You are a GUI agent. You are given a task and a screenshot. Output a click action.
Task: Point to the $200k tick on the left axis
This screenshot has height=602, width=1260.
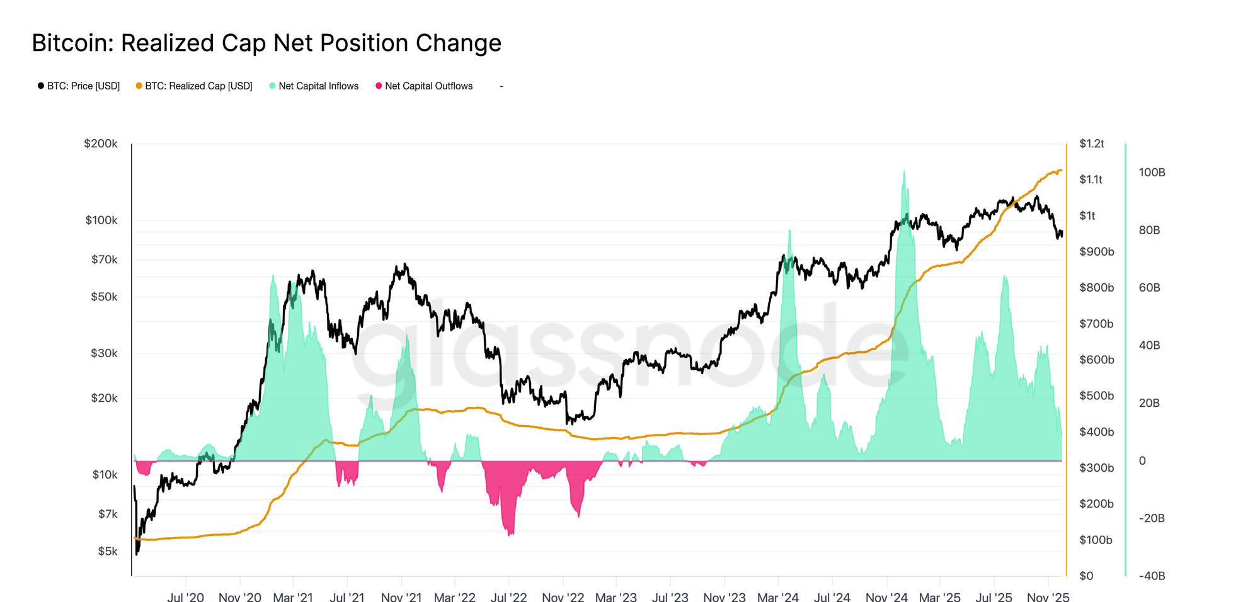[x=101, y=144]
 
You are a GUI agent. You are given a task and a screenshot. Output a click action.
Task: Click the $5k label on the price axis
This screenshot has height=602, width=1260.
[x=107, y=552]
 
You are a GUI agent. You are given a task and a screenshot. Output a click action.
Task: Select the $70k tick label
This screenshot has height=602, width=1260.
[x=104, y=259]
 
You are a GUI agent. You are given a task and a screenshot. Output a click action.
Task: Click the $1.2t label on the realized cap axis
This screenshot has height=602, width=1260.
[x=1091, y=144]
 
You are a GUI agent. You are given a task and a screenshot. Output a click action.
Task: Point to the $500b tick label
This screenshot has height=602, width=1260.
[x=1096, y=395]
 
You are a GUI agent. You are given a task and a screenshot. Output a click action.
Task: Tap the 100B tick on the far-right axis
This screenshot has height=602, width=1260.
[x=1152, y=173]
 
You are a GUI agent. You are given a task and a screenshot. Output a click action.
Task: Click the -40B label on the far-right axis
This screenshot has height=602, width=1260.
[x=1152, y=576]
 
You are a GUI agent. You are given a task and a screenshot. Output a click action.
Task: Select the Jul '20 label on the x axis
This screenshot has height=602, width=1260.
[x=185, y=596]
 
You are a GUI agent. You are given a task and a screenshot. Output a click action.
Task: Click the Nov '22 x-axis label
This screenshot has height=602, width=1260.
[x=563, y=596]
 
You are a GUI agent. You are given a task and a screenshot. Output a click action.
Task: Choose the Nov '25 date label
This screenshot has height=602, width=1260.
[x=1048, y=596]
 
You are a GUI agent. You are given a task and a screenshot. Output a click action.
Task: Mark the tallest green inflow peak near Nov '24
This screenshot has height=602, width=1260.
[x=904, y=171]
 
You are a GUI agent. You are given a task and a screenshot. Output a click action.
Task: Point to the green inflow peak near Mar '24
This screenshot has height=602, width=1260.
[x=789, y=231]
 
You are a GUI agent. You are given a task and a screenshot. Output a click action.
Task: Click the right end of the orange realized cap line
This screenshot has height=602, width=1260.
[x=1062, y=170]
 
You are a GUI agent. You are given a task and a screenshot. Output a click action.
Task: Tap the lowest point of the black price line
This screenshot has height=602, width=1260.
[x=137, y=554]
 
